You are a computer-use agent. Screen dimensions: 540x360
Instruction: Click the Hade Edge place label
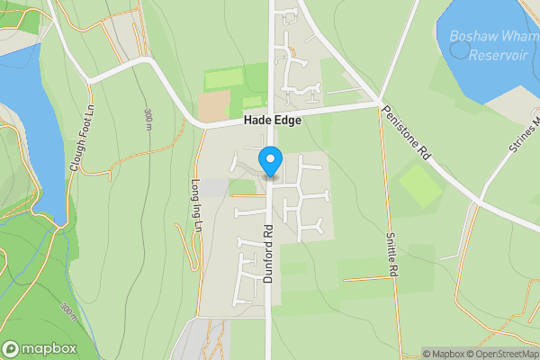[x=270, y=121]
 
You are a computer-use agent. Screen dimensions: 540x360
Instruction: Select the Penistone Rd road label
[x=408, y=136]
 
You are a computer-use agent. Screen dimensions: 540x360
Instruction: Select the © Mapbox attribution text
[x=444, y=354]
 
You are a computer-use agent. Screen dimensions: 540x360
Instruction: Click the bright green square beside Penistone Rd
[x=420, y=185]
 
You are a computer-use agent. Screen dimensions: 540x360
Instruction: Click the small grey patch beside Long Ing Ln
[x=213, y=187]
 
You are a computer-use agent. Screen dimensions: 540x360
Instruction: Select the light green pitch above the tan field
[x=224, y=79]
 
